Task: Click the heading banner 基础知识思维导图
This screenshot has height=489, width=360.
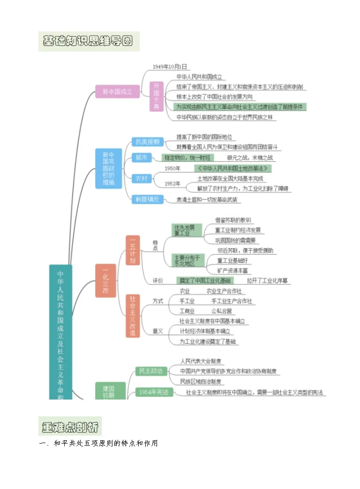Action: point(89,41)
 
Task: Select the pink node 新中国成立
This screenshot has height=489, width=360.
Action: point(117,92)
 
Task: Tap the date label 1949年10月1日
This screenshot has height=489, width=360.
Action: point(169,67)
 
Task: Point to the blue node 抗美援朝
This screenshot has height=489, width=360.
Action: point(147,141)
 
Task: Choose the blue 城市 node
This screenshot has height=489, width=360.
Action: point(141,157)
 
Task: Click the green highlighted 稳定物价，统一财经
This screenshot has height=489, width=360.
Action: point(187,158)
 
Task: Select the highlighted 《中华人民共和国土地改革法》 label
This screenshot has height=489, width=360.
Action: point(233,168)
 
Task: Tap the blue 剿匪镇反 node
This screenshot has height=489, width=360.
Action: point(147,200)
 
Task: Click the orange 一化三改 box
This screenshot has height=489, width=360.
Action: point(105,281)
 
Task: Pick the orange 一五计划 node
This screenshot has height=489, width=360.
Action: point(133,251)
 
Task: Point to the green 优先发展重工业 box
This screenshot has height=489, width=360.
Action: point(187,230)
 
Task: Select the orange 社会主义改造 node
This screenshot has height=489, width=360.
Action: point(133,316)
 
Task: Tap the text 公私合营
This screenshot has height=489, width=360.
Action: point(221,311)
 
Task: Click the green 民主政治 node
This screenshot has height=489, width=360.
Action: point(150,371)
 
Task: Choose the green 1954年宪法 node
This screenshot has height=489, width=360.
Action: point(154,392)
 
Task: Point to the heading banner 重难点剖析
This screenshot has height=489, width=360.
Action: point(70,427)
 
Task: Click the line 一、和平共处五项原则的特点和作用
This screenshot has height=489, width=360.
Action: point(98,443)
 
